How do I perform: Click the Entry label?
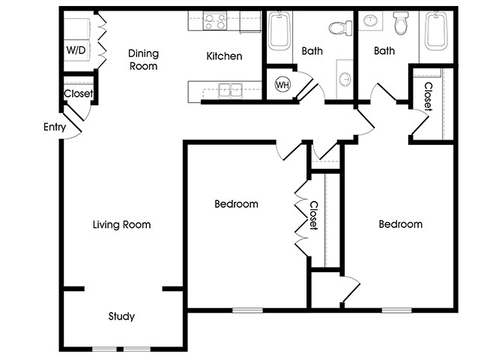pos(55,127)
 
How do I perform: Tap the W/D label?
pos(76,50)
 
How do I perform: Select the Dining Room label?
pos(143,60)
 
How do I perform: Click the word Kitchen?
pos(224,56)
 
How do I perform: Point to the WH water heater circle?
pos(282,85)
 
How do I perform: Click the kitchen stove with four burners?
pos(215,21)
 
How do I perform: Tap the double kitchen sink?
pos(231,90)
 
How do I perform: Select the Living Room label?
pos(121,224)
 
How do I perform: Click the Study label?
pos(121,316)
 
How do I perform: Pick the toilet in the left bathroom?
pos(340,28)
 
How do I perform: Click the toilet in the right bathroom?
pos(401,22)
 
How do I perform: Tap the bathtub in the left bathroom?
pos(279,31)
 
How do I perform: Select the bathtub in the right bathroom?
pos(436,31)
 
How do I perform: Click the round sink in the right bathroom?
pos(371,21)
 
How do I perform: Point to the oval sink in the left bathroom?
pos(345,79)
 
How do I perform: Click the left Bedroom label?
pos(236,204)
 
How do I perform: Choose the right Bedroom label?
pos(401,223)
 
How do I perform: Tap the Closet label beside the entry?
pos(79,94)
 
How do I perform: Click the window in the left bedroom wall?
pos(247,310)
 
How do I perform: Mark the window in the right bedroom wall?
pos(396,310)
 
